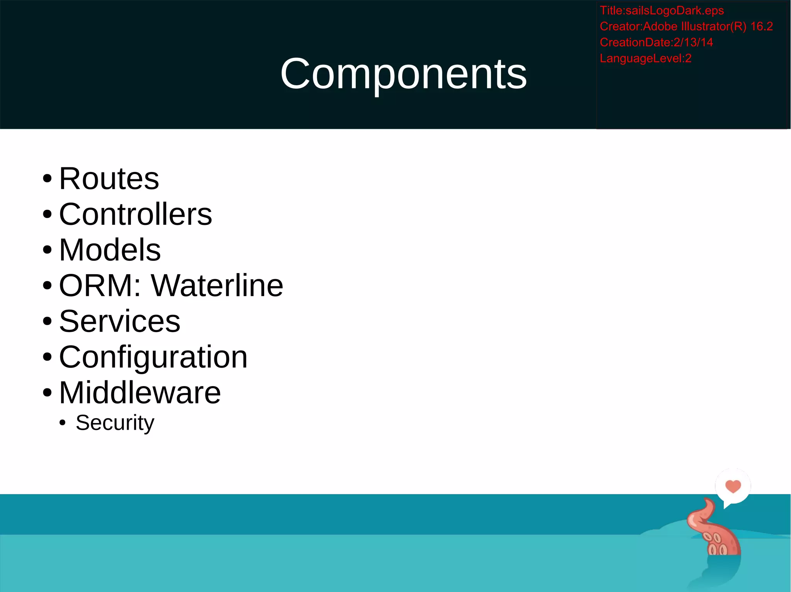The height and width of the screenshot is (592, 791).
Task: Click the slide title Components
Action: (403, 73)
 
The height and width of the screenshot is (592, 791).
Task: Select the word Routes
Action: (109, 179)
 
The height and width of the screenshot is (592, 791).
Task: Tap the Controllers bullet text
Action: (136, 214)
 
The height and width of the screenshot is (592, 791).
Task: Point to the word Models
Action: (110, 250)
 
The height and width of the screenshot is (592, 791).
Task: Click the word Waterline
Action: (217, 285)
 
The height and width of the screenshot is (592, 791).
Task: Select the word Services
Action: (120, 321)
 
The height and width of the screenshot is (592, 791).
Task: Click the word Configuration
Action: (153, 357)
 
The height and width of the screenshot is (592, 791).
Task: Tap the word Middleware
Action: (140, 393)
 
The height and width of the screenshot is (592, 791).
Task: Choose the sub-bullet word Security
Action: (115, 423)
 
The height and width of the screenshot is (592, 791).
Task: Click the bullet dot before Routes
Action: (47, 179)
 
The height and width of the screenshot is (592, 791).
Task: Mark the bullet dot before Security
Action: (63, 423)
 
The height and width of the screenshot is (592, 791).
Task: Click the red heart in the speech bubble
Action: (733, 486)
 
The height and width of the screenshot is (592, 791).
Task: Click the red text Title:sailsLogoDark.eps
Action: (662, 10)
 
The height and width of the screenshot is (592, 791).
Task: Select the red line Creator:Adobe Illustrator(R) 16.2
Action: (686, 26)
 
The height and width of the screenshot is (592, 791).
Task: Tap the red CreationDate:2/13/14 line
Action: (656, 42)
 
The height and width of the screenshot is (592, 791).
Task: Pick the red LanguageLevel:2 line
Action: (645, 58)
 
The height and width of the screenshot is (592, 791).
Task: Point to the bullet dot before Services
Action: (47, 322)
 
